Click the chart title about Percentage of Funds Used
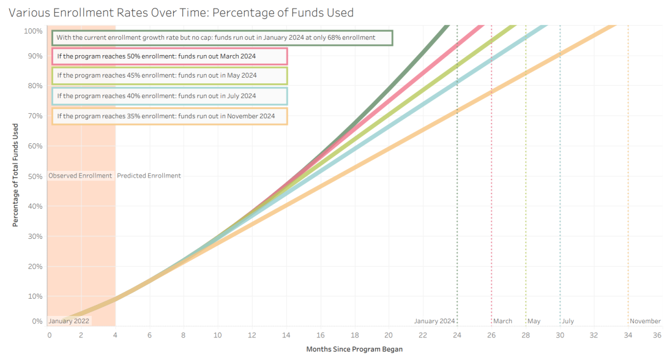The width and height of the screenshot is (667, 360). (181, 12)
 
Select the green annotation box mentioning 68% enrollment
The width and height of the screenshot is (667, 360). (222, 38)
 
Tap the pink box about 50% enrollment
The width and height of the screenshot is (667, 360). (170, 56)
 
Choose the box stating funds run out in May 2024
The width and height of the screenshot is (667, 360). (170, 76)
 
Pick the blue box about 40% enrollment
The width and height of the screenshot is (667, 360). (170, 96)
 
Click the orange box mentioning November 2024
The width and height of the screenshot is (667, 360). (170, 116)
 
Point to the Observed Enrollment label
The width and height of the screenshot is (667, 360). (80, 176)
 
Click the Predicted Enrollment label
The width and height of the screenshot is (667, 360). (149, 176)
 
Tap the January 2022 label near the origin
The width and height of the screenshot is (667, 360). (69, 321)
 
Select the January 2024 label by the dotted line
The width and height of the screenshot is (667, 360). (434, 321)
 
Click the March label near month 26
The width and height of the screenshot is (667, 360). (503, 321)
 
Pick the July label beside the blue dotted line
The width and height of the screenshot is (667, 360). (568, 321)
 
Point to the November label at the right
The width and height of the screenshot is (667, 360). (645, 321)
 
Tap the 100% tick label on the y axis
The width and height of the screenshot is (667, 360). (34, 31)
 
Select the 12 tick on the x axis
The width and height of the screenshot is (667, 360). (252, 335)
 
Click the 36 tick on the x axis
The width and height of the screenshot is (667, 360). (657, 335)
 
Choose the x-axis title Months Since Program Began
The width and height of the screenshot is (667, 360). (354, 349)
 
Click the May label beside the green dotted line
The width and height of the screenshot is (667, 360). (534, 321)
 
